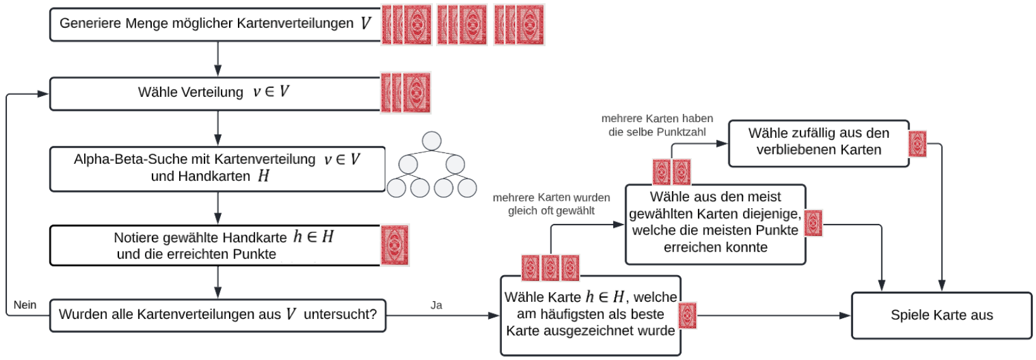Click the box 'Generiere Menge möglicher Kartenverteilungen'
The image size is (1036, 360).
(x=215, y=25)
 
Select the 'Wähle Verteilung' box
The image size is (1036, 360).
(x=215, y=93)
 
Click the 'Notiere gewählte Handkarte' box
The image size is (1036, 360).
(x=215, y=245)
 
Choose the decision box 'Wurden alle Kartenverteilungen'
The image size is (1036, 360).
(x=217, y=315)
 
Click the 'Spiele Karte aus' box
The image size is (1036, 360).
(x=941, y=315)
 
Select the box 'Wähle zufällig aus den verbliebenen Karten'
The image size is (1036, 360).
(x=818, y=143)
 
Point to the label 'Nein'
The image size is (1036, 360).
(x=25, y=305)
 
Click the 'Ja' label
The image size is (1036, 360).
(x=436, y=305)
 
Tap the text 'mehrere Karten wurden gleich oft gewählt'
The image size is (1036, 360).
(x=551, y=204)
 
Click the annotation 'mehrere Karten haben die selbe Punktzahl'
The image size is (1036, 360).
(x=657, y=125)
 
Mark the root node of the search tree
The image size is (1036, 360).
(x=432, y=140)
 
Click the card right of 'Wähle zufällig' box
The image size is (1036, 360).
(x=917, y=144)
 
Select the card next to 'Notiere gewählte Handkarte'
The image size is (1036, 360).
(x=395, y=245)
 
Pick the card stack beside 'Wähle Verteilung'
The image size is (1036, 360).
(x=406, y=92)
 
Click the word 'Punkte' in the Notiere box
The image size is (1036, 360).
(x=254, y=254)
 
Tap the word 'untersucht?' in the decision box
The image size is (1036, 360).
(x=340, y=314)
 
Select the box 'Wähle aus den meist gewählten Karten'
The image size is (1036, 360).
(x=715, y=223)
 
